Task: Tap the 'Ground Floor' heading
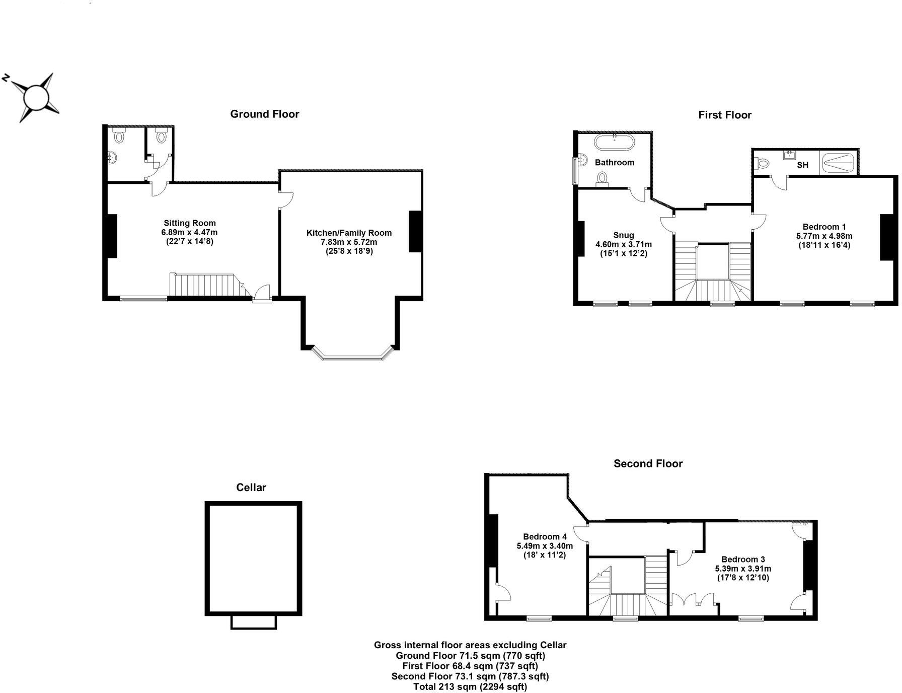[x=264, y=114]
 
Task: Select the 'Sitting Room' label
[x=189, y=223]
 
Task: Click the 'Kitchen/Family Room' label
[x=349, y=233]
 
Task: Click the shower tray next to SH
[x=838, y=163]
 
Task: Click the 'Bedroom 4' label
[x=545, y=537]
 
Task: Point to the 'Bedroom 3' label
[x=743, y=560]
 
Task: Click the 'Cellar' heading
[x=251, y=488]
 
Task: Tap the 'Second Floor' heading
[x=648, y=464]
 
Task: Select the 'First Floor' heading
[x=725, y=115]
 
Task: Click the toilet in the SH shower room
[x=763, y=163]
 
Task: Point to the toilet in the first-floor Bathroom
[x=602, y=179]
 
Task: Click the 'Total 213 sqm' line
[x=470, y=686]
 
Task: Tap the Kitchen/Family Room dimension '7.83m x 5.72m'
[x=349, y=242]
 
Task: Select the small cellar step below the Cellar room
[x=254, y=622]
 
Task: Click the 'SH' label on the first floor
[x=802, y=165]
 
